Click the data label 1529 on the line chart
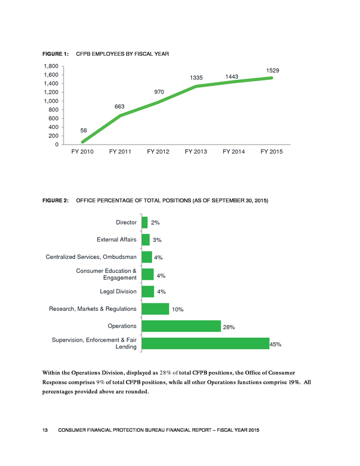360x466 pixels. pos(272,70)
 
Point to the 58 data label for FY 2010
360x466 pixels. pos(83,131)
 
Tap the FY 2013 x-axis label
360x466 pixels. pos(196,151)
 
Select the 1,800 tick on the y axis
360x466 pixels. pos(51,66)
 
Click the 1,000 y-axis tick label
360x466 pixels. pos(51,101)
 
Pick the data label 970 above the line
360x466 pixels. pos(159,92)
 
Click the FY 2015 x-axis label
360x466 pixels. pos(272,151)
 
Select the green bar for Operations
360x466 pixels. pos(181,326)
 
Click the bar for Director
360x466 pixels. pos(145,222)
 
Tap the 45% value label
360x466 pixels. pos(276,344)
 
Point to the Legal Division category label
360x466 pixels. pos(118,292)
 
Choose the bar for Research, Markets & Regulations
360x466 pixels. pos(155,309)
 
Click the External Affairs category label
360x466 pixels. pos(116,240)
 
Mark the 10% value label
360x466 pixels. pos(178,310)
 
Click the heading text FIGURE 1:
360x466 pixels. pos(56,54)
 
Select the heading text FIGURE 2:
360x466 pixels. pos(56,200)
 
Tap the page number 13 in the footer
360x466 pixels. pos(45,430)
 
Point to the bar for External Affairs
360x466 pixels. pos(146,240)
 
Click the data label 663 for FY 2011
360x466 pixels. pos(119,106)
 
